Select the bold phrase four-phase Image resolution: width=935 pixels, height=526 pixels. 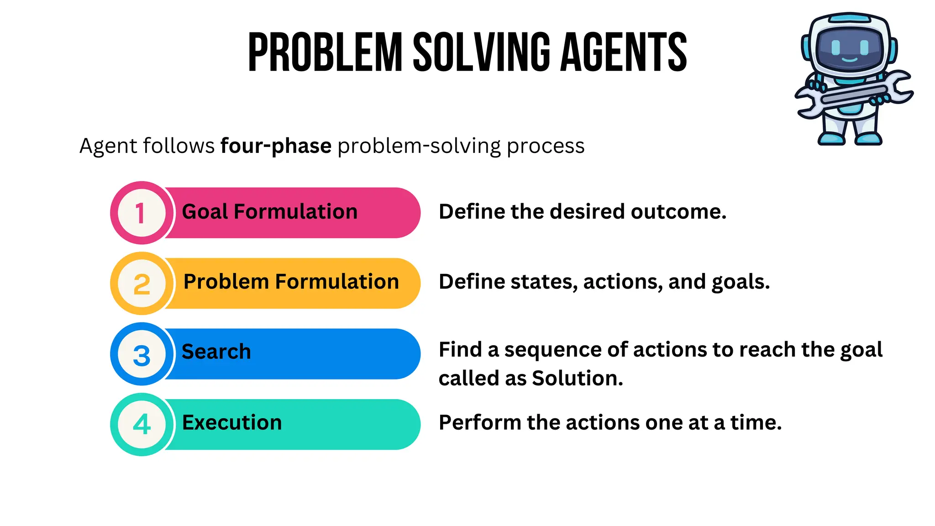pyautogui.click(x=276, y=146)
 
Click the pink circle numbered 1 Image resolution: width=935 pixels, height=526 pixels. pyautogui.click(x=142, y=213)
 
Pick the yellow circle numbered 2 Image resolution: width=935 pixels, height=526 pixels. pyautogui.click(x=142, y=284)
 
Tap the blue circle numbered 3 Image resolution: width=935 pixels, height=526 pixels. pyautogui.click(x=142, y=354)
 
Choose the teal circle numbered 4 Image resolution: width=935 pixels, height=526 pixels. pyautogui.click(x=142, y=424)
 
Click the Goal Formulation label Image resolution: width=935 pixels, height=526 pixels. pyautogui.click(x=269, y=212)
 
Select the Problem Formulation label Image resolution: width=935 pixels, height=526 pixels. pyautogui.click(x=291, y=282)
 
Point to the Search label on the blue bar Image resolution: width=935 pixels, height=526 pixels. pyautogui.click(x=216, y=352)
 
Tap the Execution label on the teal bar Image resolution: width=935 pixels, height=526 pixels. pyautogui.click(x=232, y=422)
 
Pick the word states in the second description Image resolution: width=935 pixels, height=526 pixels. pyautogui.click(x=544, y=282)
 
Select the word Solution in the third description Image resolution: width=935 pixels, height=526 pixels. pyautogui.click(x=577, y=379)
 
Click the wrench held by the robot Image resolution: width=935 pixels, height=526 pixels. pyautogui.click(x=854, y=94)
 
